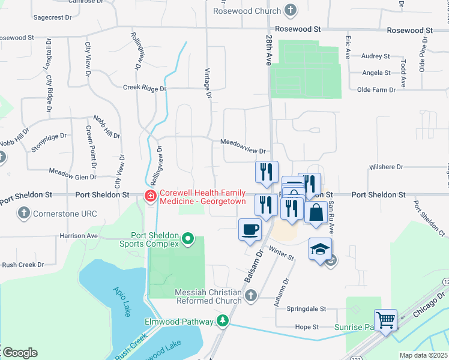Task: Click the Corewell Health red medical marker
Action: point(149,196)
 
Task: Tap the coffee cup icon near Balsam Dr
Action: point(250,229)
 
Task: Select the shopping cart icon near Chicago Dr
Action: point(385,319)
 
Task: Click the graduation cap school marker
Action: point(320,248)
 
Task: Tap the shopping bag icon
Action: point(316,212)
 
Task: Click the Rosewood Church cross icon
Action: point(290,10)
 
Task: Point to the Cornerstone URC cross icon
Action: point(23,212)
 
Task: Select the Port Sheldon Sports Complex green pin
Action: point(188,239)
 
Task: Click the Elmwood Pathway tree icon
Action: point(223,321)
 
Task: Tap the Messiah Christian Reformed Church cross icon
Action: point(251,295)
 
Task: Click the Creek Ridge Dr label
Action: point(144,88)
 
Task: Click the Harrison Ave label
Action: point(78,236)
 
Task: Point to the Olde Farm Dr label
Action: point(376,89)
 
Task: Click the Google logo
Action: point(20,353)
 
